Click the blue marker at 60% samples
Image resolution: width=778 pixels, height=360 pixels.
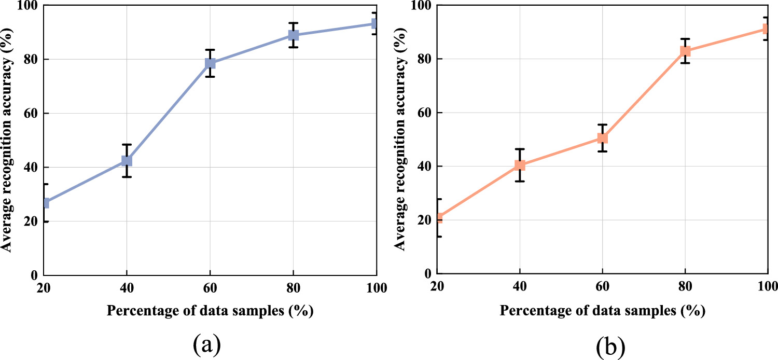click(210, 63)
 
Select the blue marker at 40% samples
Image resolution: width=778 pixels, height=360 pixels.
click(127, 161)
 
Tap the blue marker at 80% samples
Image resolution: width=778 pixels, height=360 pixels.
click(294, 35)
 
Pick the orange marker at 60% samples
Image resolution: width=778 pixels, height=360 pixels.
click(602, 138)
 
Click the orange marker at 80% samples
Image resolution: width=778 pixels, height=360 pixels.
click(685, 51)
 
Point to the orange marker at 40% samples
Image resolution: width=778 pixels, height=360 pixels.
click(520, 165)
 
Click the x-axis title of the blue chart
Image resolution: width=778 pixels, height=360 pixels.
click(210, 310)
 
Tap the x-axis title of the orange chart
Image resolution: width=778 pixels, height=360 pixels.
click(603, 310)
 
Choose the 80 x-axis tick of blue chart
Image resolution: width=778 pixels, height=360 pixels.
click(294, 289)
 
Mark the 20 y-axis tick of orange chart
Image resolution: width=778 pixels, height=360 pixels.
click(425, 220)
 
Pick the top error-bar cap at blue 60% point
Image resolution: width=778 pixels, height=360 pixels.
click(210, 50)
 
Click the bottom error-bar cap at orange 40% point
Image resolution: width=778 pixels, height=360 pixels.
click(520, 181)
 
